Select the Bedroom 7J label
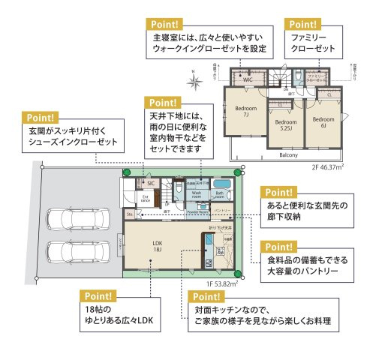(x=245, y=112)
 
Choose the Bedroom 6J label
(x=323, y=121)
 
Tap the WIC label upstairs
(x=247, y=78)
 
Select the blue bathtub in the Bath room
(x=221, y=184)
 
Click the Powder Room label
(x=197, y=211)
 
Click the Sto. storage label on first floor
(x=129, y=214)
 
